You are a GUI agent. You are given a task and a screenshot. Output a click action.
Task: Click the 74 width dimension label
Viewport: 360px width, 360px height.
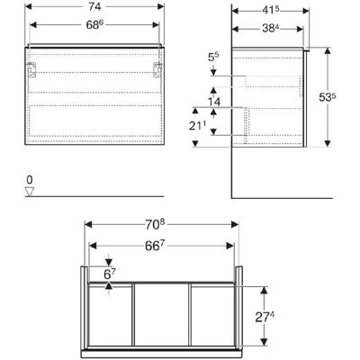(94, 7)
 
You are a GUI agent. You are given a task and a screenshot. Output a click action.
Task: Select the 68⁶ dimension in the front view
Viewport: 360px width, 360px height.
(94, 25)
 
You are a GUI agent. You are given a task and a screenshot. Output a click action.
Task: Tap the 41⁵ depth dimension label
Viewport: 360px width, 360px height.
(271, 10)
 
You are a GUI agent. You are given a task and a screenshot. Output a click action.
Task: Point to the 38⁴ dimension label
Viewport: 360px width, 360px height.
(271, 29)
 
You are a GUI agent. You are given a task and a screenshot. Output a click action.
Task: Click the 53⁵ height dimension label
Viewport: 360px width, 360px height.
(328, 97)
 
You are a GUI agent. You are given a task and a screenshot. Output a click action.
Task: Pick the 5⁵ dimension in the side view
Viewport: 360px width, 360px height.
(213, 58)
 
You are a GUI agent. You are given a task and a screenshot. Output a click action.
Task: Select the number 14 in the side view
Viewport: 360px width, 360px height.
(214, 102)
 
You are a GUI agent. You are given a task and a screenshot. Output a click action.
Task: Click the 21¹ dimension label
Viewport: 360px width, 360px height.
(198, 126)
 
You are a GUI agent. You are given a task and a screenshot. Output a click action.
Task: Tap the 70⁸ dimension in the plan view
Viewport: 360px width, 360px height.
(155, 225)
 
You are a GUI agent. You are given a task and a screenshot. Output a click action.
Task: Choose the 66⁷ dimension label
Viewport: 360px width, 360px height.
(155, 246)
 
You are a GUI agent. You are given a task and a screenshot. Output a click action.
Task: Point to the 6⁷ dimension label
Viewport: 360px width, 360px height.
(110, 274)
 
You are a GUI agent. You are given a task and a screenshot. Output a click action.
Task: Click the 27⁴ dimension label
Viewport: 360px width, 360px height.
(265, 317)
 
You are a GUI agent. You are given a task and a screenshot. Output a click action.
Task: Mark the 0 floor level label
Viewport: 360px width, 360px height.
(30, 180)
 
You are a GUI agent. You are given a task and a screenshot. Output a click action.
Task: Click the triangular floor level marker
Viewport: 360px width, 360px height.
(30, 192)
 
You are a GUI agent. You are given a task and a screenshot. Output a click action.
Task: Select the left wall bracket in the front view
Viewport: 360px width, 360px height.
(31, 69)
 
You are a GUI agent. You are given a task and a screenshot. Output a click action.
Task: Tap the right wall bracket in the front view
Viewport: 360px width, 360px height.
(157, 69)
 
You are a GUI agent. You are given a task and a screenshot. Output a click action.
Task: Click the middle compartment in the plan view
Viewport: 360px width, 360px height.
(162, 314)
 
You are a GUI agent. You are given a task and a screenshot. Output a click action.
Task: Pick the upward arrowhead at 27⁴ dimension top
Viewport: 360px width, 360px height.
(264, 290)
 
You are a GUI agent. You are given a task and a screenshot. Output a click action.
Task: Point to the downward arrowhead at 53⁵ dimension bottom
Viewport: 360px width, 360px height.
(328, 143)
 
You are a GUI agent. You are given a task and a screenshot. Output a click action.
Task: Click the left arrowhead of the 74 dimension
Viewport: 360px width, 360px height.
(29, 6)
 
